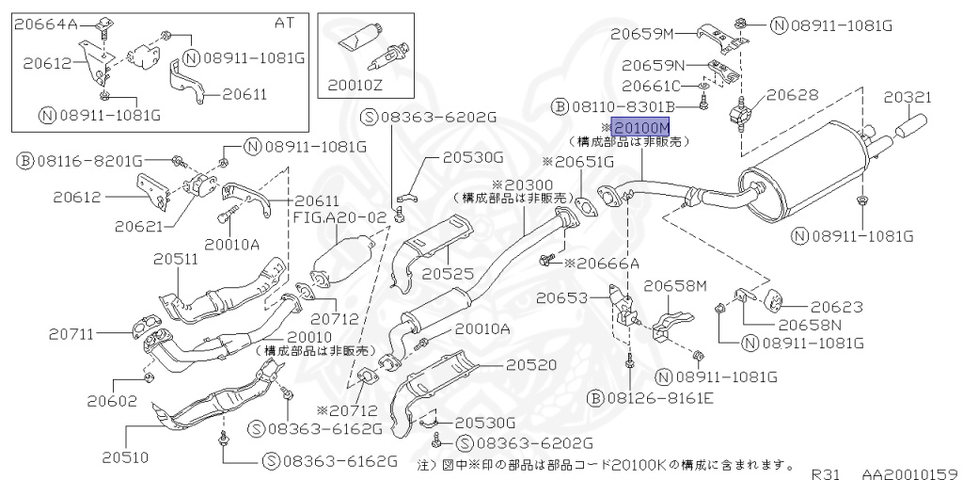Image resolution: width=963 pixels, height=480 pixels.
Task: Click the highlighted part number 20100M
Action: [x=640, y=126]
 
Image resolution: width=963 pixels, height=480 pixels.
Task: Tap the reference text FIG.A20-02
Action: [x=339, y=216]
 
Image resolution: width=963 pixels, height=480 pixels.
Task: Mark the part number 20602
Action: [x=113, y=400]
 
